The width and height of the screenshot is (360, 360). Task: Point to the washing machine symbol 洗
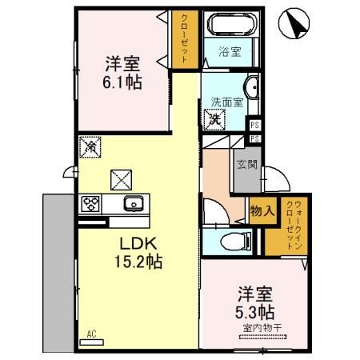coord(215,119)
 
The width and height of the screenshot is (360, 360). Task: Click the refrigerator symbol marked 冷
coord(90,147)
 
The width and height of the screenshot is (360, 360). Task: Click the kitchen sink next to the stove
coord(131,203)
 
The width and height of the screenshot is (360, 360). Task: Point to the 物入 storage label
coord(262,210)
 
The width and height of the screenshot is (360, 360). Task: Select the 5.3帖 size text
coord(255,310)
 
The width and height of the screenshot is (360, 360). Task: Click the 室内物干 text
coord(255,326)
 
